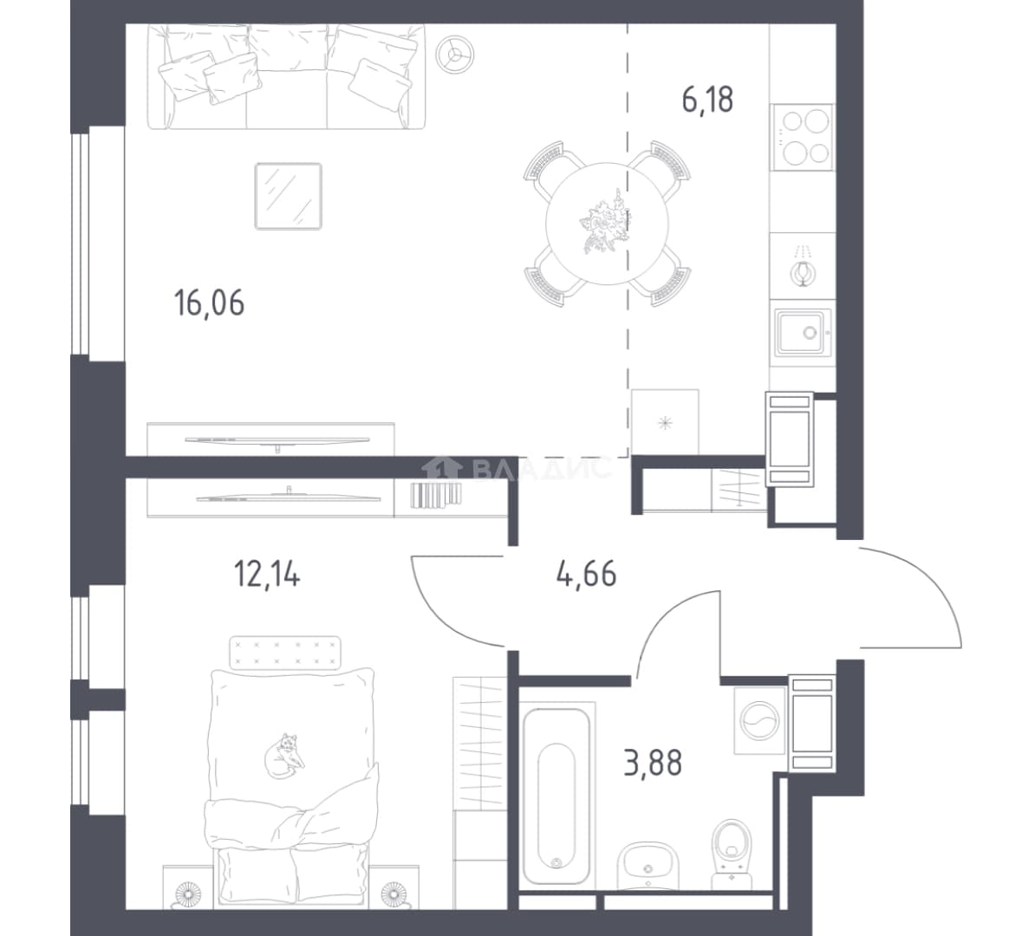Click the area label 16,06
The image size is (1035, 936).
[209, 303]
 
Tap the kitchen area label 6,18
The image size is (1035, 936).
[707, 101]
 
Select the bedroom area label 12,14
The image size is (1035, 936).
[267, 574]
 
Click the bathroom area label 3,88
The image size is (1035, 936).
[653, 764]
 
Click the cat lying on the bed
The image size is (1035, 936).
[284, 756]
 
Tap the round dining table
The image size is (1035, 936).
[608, 223]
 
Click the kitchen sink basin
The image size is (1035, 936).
[802, 333]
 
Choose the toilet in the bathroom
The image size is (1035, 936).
[732, 855]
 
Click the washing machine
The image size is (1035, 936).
[759, 721]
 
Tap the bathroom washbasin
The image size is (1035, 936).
[648, 866]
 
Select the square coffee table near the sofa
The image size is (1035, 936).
[289, 196]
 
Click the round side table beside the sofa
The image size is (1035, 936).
[455, 53]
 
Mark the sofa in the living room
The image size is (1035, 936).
[286, 76]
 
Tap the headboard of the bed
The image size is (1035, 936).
[284, 653]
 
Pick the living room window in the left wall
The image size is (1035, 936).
[81, 244]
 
